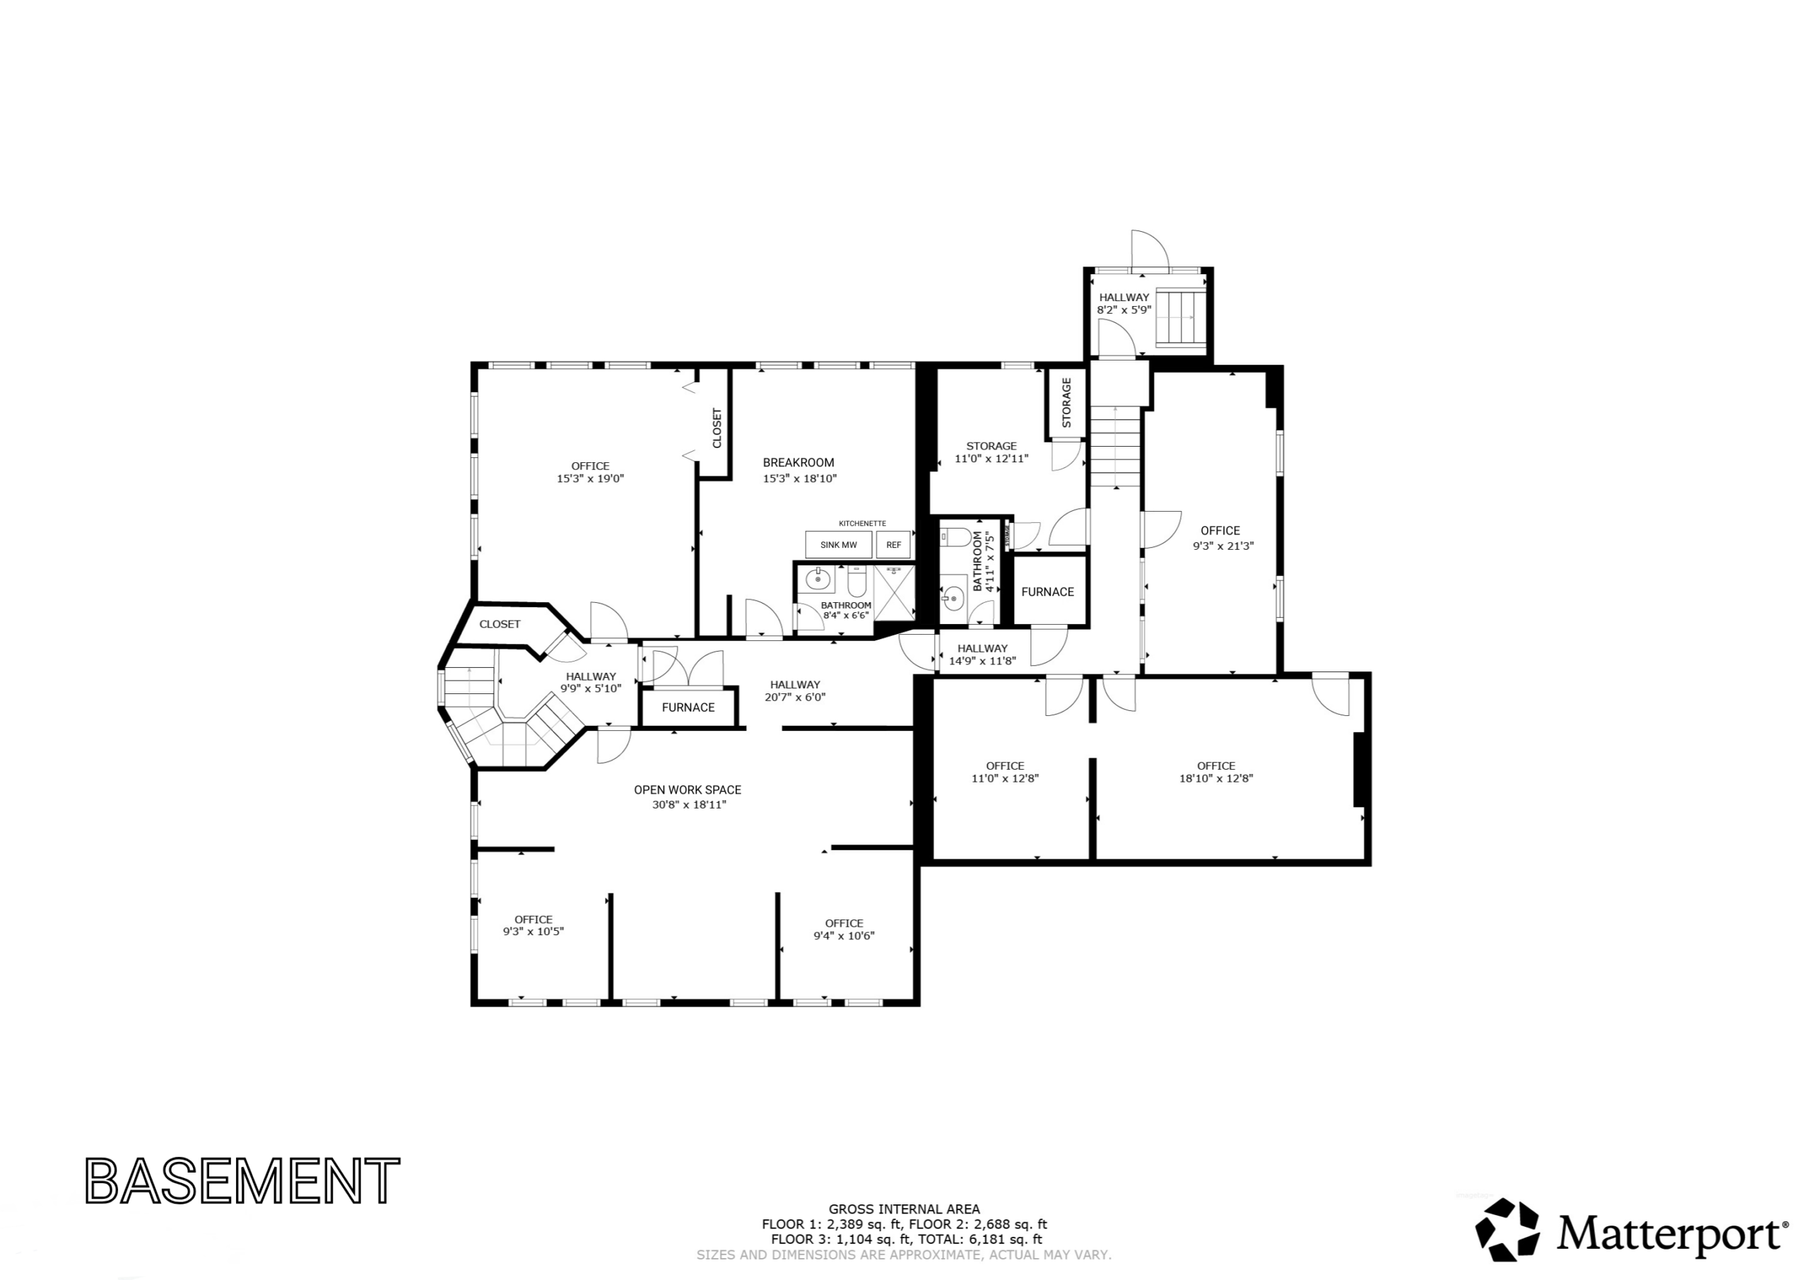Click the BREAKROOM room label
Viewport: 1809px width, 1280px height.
798,463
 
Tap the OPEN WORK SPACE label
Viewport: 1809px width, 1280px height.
688,789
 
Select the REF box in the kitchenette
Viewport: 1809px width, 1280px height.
893,545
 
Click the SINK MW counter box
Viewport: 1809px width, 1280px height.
838,545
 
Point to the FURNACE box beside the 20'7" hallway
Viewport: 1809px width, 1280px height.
688,707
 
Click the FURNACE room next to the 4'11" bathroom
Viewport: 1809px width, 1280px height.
1048,592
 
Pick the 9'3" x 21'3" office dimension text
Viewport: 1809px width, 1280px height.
1222,546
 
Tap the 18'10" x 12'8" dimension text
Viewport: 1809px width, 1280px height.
1215,779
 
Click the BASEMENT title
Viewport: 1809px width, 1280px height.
242,1180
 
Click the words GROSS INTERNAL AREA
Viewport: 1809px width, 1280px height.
904,1209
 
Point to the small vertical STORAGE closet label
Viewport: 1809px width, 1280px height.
1067,403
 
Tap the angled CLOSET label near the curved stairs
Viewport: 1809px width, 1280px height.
500,624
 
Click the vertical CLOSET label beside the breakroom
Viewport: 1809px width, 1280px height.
717,428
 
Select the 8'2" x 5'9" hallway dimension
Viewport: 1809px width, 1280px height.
1124,310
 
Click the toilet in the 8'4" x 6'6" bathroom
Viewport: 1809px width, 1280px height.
856,582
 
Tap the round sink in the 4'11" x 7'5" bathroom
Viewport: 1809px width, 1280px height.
953,598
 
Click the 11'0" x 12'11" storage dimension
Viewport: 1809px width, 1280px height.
991,459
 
